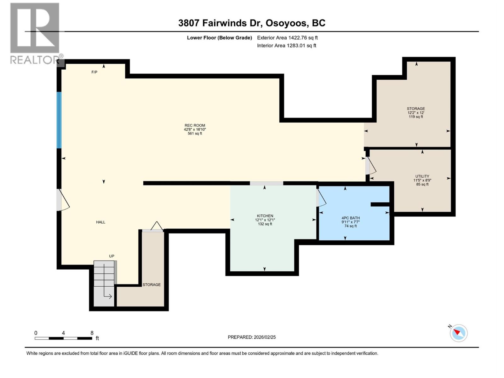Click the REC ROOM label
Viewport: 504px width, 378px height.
point(195,125)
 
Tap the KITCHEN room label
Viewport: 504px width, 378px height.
point(265,216)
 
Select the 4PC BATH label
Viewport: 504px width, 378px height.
point(350,218)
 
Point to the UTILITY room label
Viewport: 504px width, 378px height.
point(422,176)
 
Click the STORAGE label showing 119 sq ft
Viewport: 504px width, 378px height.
point(415,109)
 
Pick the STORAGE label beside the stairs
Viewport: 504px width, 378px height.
point(152,285)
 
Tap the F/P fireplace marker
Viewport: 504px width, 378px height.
point(94,72)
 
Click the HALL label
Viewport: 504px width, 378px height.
point(100,222)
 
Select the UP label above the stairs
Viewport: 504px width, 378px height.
point(112,256)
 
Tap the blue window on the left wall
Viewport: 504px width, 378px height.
point(59,120)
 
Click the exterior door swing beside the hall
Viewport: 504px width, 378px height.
point(63,200)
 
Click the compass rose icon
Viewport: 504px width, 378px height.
point(458,333)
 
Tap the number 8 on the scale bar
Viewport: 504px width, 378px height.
point(92,333)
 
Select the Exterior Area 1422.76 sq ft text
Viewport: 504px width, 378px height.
point(287,38)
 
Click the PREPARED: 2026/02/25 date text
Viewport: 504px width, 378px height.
point(252,337)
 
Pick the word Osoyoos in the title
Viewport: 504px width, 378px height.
point(286,23)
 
